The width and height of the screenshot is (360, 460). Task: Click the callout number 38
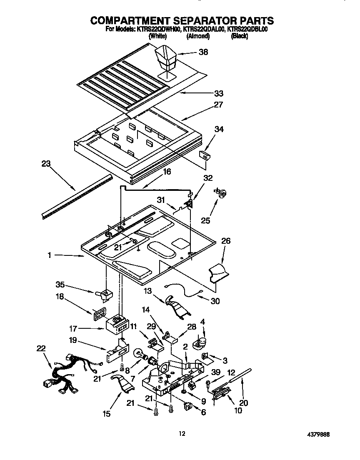point(203,52)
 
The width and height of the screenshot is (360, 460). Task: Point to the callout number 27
point(218,105)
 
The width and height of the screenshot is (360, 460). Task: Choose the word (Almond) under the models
point(197,36)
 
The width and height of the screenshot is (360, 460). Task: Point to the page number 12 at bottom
point(181,434)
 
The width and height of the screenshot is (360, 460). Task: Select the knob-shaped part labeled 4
point(200,342)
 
